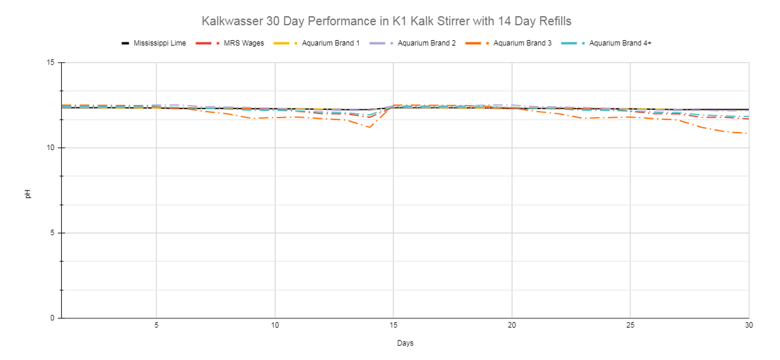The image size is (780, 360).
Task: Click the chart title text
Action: click(386, 21)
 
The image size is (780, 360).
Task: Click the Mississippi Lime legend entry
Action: click(153, 43)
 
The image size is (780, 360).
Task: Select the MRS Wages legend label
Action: click(244, 43)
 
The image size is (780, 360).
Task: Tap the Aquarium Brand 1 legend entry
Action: click(317, 43)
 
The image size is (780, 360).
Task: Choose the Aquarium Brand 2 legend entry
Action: click(413, 43)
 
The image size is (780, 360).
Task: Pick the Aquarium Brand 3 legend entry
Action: click(508, 43)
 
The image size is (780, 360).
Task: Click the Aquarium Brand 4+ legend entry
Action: click(606, 43)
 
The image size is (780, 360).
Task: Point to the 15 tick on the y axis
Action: click(51, 62)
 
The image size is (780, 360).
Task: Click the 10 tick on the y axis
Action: click(51, 148)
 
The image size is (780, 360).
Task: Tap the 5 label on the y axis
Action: click(53, 233)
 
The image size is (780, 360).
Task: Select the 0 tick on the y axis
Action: click(53, 318)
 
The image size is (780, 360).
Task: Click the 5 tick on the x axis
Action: click(157, 325)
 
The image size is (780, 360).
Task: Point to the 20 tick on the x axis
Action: click(512, 325)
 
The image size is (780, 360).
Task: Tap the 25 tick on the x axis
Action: click(630, 325)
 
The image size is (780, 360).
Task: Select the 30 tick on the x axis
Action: click(749, 325)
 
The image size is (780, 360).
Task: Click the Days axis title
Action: click(406, 343)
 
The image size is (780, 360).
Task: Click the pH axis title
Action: click(28, 194)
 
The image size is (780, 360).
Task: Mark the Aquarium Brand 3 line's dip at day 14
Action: click(369, 127)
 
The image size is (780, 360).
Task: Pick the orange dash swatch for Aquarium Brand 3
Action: click(477, 43)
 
